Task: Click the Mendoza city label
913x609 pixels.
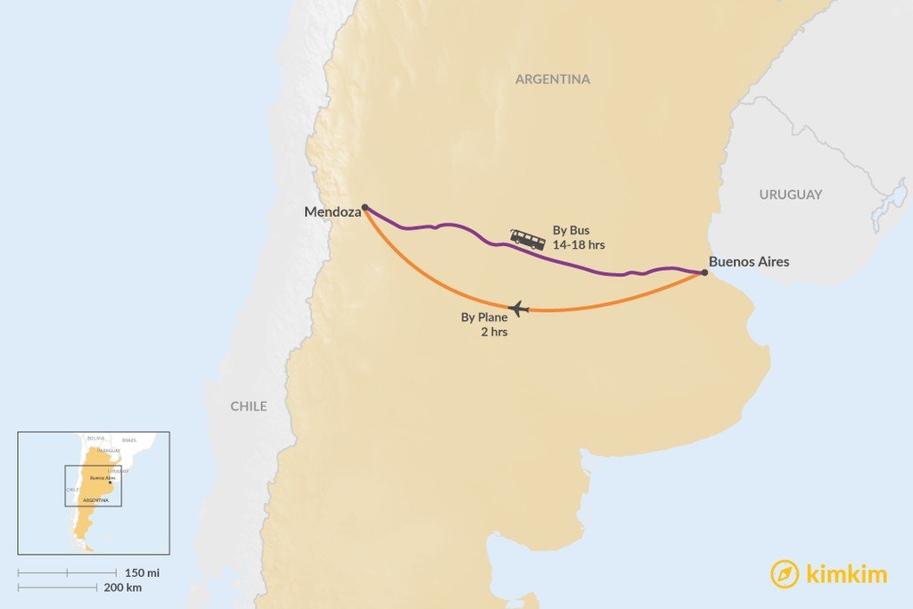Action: tap(333, 212)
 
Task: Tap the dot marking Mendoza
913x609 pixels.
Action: tap(365, 207)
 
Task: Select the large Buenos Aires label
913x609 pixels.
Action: tap(749, 262)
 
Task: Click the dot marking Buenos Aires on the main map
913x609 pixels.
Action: tap(704, 273)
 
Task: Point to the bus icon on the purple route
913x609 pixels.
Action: tap(528, 239)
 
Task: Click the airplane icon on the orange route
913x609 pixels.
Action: tap(518, 309)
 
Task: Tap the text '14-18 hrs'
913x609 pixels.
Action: tap(579, 244)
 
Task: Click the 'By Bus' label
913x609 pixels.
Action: tap(572, 230)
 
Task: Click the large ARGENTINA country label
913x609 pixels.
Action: tap(553, 79)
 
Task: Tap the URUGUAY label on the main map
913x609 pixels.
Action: tap(791, 194)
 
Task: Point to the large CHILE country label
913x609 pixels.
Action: tap(249, 407)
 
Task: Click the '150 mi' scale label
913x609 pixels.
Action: tap(142, 572)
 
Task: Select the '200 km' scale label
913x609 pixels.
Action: tap(122, 588)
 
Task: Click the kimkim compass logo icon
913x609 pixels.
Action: tap(785, 574)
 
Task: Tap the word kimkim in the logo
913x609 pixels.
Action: tap(846, 574)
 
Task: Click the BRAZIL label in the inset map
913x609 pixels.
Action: tap(130, 440)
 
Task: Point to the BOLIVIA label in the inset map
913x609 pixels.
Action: tap(95, 438)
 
